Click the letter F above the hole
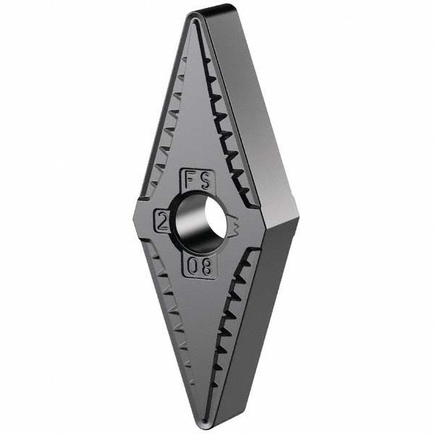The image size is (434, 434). [x=190, y=180]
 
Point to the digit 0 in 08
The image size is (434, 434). [x=193, y=266]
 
